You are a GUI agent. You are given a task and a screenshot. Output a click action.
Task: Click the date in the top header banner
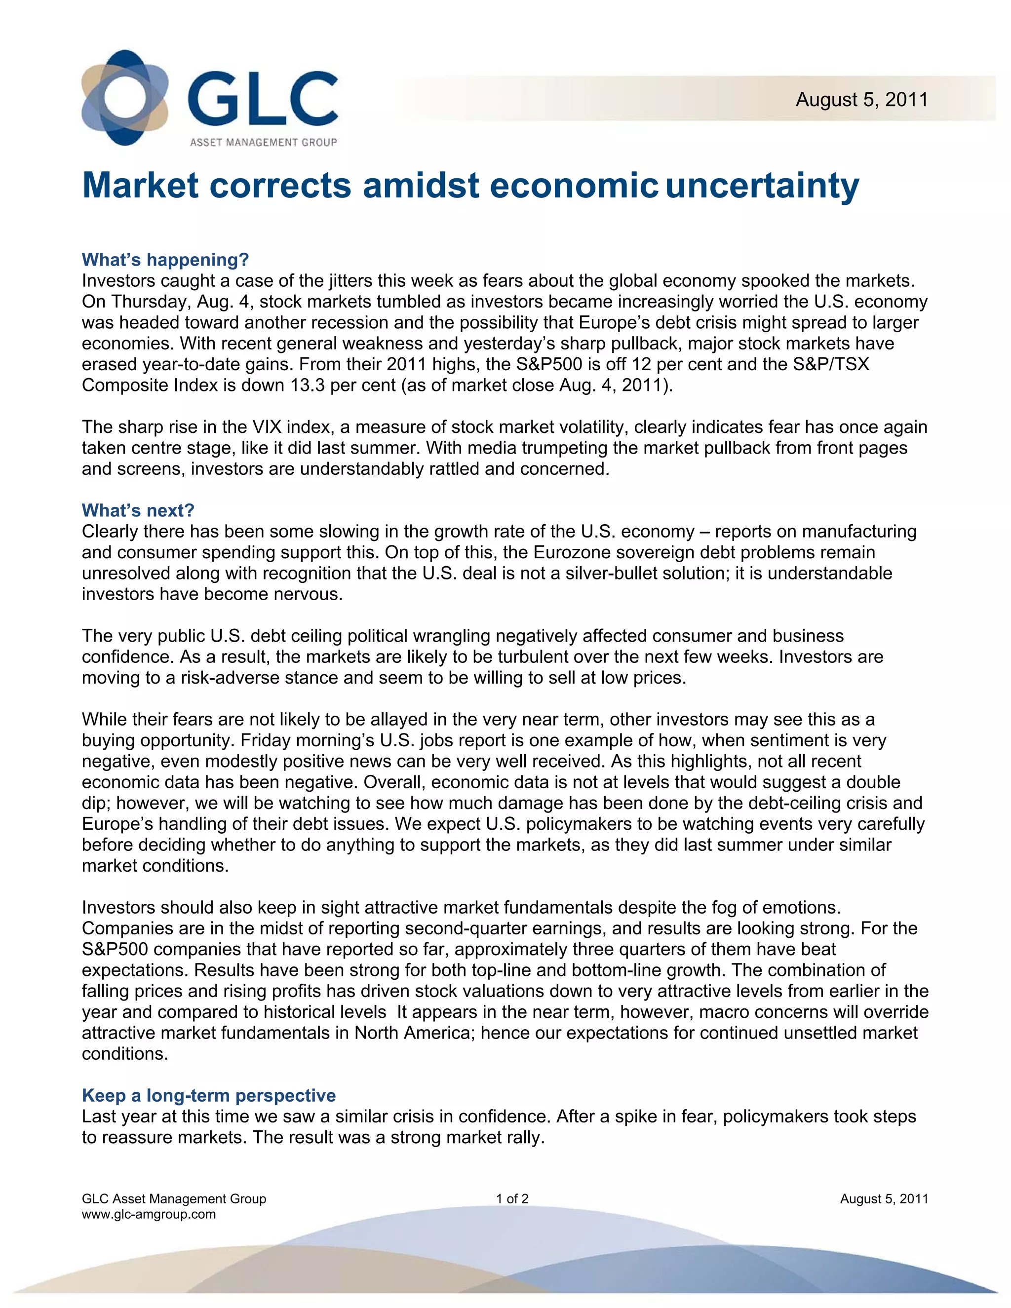[861, 99]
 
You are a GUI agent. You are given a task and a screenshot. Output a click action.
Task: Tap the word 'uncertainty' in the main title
[762, 186]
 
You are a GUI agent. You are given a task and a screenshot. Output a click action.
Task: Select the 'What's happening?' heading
[165, 260]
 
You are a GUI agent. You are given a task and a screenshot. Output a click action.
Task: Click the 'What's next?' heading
[138, 510]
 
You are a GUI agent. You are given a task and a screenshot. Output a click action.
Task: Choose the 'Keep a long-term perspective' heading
[208, 1095]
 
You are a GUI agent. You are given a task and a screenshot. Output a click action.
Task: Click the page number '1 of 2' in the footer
[512, 1199]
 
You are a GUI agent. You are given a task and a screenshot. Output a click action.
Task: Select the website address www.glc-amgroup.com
[149, 1214]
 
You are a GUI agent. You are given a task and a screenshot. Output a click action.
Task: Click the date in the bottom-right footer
[884, 1199]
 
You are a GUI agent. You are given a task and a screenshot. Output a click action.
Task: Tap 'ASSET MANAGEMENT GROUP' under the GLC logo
[263, 142]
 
